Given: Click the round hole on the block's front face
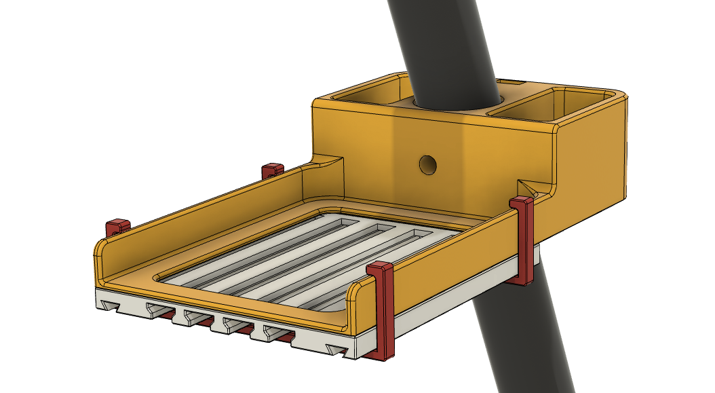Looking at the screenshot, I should (x=427, y=164).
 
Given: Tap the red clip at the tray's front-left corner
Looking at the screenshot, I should (x=117, y=227).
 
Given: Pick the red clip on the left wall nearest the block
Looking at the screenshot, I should (x=272, y=169).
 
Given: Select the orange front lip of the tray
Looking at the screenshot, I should (x=224, y=299).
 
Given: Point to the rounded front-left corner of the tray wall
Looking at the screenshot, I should (x=99, y=254).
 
